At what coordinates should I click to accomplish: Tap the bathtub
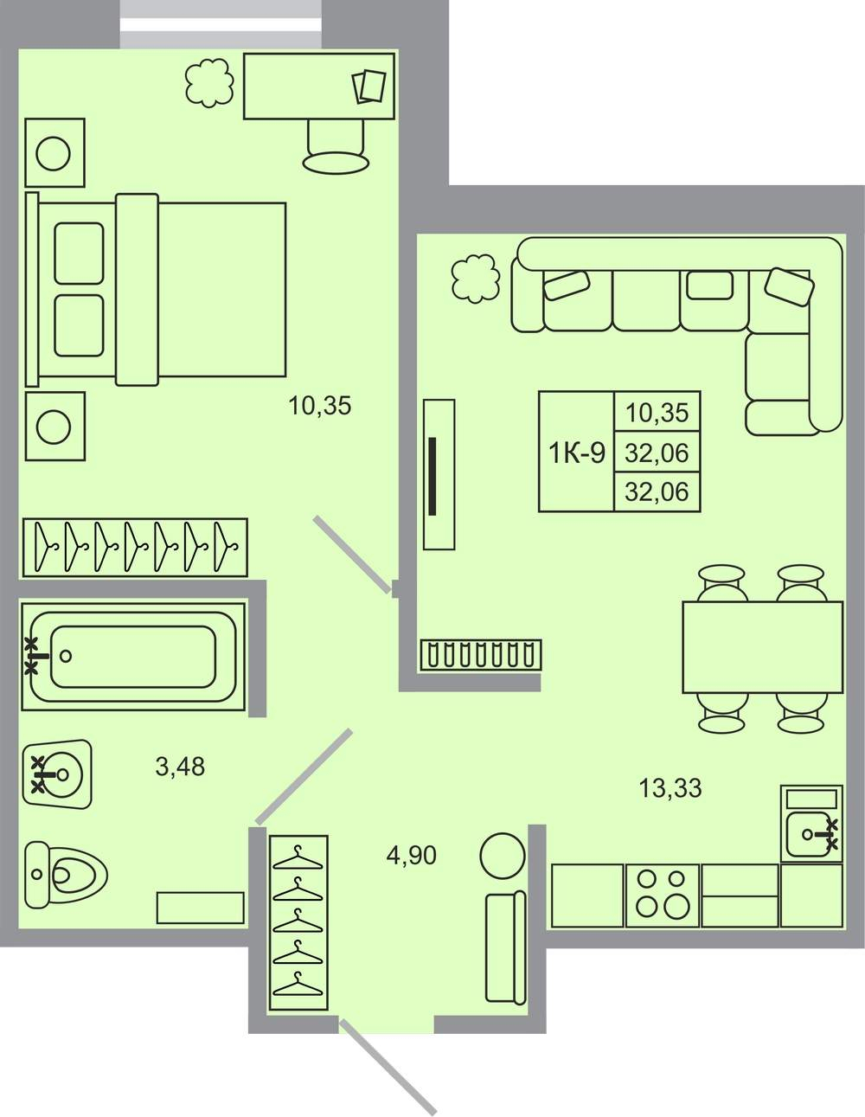[133, 657]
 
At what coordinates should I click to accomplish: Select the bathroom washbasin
[58, 774]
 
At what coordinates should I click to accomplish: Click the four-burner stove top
[662, 896]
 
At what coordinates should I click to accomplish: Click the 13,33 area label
[670, 788]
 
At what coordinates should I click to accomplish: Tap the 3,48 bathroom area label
[180, 767]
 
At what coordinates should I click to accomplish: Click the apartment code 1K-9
[577, 453]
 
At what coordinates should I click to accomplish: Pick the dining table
[762, 647]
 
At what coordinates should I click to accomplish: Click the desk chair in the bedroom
[336, 146]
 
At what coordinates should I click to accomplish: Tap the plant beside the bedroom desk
[209, 83]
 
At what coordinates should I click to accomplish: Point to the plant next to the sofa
[476, 279]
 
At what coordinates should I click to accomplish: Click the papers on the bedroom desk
[368, 87]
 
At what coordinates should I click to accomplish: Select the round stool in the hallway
[503, 856]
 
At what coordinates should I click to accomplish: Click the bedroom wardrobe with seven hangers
[135, 548]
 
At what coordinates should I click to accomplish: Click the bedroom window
[222, 24]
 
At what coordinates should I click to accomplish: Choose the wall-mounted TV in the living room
[439, 474]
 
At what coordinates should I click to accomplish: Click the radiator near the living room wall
[481, 655]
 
